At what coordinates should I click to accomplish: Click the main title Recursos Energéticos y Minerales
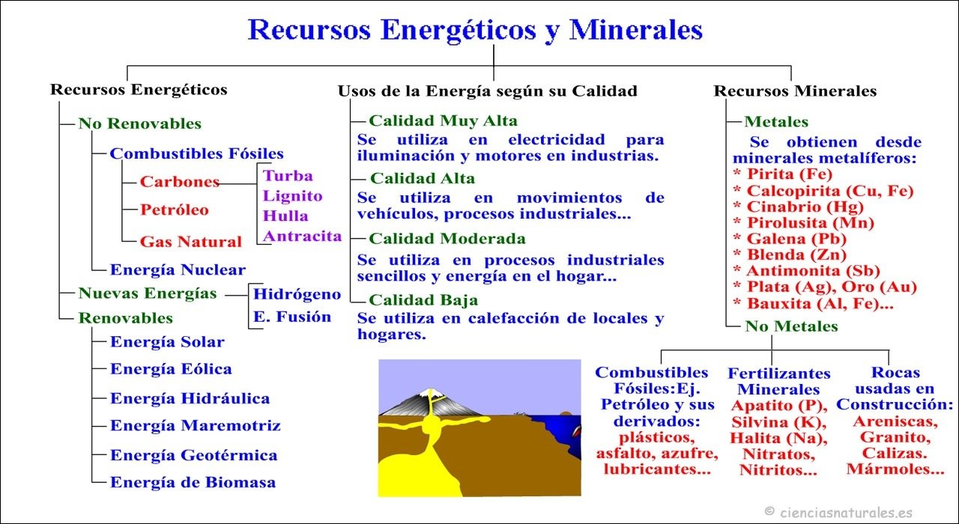[x=475, y=30]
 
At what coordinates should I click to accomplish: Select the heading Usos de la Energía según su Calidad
[x=488, y=91]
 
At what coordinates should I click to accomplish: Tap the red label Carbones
[x=180, y=182]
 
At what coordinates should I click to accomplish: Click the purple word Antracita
[x=302, y=236]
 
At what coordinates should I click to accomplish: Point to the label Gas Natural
[x=191, y=242]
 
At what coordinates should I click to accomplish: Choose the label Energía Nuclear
[x=178, y=269]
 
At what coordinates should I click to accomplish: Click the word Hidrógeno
[x=297, y=294]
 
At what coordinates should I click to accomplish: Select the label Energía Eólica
[x=171, y=369]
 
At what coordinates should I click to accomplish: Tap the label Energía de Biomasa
[x=193, y=482]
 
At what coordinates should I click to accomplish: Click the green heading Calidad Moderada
[x=447, y=238]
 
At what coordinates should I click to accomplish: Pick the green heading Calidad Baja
[x=423, y=300]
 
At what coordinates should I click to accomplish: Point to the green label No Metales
[x=792, y=326]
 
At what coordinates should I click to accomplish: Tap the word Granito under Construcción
[x=895, y=437]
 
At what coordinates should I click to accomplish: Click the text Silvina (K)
[x=778, y=422]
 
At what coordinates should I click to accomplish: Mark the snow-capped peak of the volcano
[x=430, y=392]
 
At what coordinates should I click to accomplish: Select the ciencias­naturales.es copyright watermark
[x=838, y=512]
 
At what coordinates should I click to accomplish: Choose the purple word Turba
[x=288, y=175]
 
